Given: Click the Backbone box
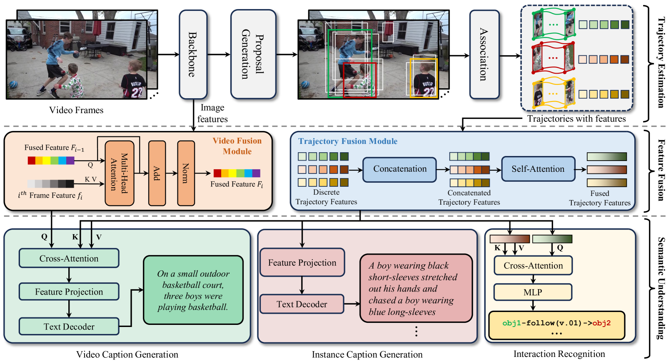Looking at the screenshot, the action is (x=193, y=54).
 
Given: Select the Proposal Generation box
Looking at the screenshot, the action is (x=253, y=54).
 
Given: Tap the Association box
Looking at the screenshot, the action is (x=484, y=54).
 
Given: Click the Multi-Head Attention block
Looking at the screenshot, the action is (x=120, y=173).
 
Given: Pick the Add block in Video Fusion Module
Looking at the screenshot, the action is (x=157, y=173).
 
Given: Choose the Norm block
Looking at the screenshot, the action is (x=186, y=173).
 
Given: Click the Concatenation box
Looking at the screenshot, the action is (x=399, y=169).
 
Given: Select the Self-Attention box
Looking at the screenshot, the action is (x=538, y=169).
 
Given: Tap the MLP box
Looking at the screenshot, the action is (x=533, y=292).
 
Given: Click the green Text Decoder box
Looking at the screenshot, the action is (x=69, y=326).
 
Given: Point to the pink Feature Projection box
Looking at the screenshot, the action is (x=302, y=262).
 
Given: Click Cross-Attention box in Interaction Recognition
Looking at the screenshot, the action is (x=533, y=265).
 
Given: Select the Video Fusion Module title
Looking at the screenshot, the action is (x=237, y=146).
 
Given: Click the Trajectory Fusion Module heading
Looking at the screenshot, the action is (x=348, y=141).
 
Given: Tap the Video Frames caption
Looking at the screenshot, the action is (x=76, y=110).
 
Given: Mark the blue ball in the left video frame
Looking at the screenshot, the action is (x=13, y=84).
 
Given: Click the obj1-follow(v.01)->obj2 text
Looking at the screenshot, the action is (x=556, y=323).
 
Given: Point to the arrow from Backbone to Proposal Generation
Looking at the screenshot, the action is (x=219, y=54).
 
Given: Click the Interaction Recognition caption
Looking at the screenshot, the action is (x=559, y=354).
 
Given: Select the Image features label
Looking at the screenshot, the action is (x=212, y=113).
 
